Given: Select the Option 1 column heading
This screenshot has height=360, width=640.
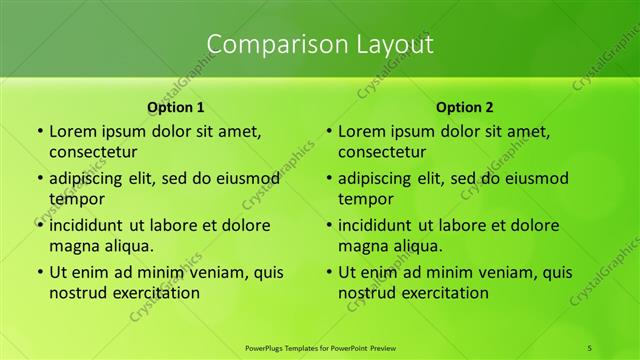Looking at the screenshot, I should point(175,106).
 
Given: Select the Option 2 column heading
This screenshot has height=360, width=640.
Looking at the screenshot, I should point(464,106).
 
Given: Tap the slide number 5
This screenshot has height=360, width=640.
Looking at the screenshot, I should point(590,347).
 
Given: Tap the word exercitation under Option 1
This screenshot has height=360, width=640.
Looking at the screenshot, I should point(155,293).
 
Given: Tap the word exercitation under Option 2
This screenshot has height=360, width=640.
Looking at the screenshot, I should point(444,293).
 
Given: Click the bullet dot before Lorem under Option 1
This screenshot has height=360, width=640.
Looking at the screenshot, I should point(38,131).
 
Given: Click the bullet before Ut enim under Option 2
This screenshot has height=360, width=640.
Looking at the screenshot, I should point(327,272).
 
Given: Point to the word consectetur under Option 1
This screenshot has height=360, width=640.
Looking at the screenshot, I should point(93,152).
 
